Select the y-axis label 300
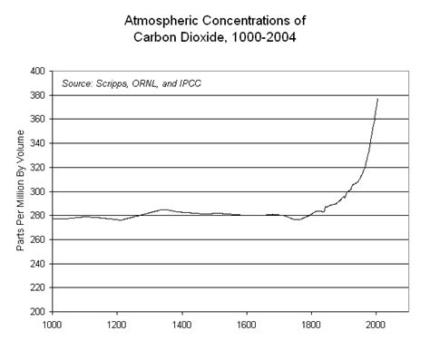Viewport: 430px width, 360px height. [x=38, y=191]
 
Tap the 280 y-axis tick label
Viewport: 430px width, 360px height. [x=38, y=216]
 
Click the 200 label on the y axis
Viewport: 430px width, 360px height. [x=38, y=311]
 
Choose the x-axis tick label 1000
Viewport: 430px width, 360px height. [x=52, y=323]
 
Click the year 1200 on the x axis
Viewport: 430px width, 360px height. [x=117, y=323]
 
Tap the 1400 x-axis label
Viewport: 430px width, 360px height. [x=182, y=323]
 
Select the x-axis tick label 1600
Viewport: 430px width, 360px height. [x=247, y=323]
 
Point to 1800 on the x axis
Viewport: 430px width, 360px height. [x=312, y=323]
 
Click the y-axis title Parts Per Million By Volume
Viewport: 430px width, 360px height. [x=19, y=191]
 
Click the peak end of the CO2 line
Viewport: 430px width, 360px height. [x=377, y=99]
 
